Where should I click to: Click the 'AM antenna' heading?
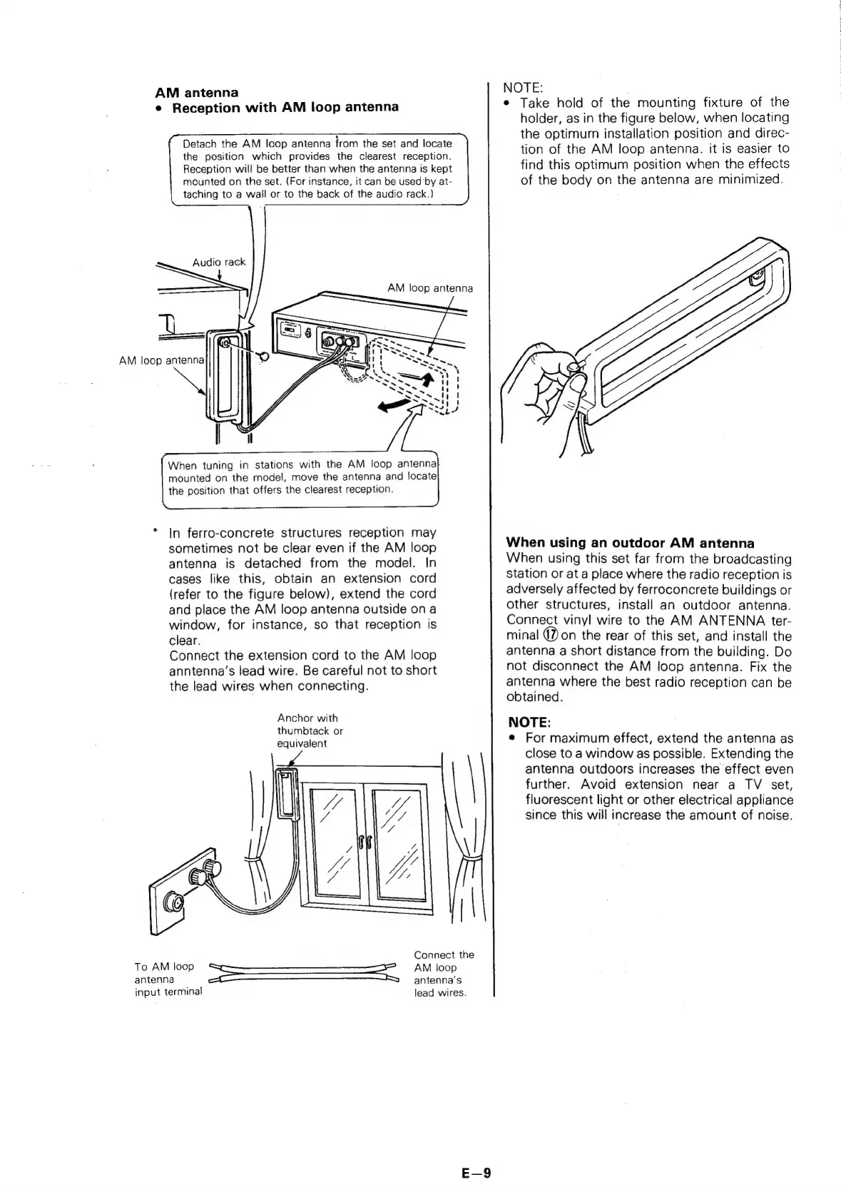(x=197, y=92)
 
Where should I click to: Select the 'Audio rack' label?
(x=218, y=262)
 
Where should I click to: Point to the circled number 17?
(x=551, y=636)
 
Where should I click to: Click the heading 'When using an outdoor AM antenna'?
(x=630, y=543)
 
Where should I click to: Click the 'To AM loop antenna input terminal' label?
(x=168, y=979)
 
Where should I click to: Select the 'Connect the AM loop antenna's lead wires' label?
(x=444, y=974)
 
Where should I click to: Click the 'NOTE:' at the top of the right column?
(x=523, y=87)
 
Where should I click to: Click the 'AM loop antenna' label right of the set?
(x=429, y=288)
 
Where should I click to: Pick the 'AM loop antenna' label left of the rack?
(x=162, y=360)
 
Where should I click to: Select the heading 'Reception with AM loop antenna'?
(x=285, y=108)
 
